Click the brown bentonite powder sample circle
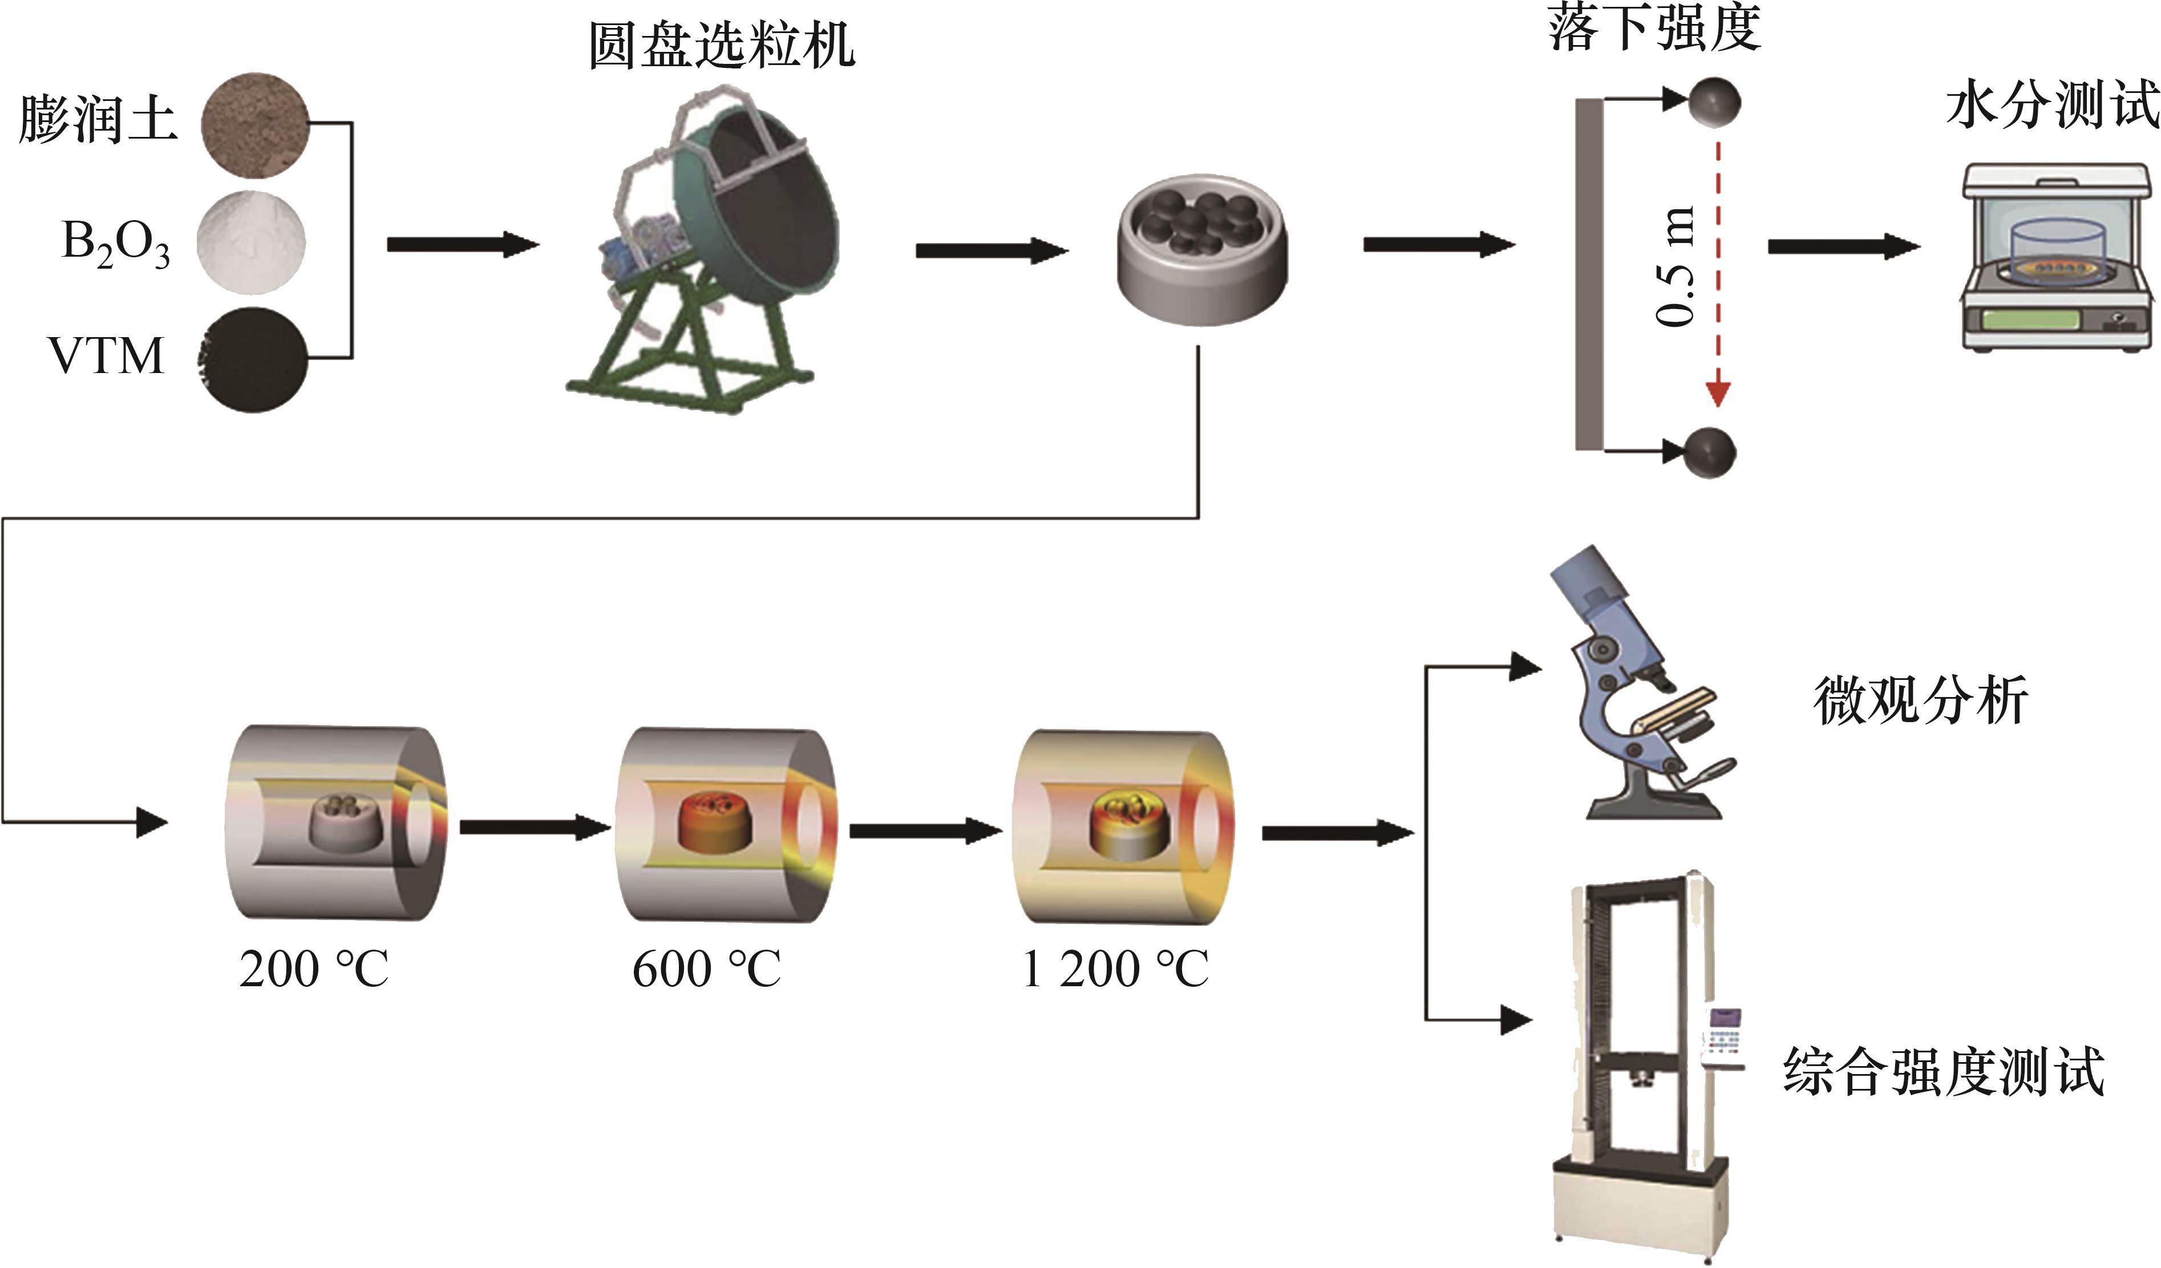(254, 125)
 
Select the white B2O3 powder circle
(250, 242)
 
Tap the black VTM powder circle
(254, 360)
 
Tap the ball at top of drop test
(1714, 103)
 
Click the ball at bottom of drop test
(1710, 452)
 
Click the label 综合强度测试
(1943, 1072)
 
